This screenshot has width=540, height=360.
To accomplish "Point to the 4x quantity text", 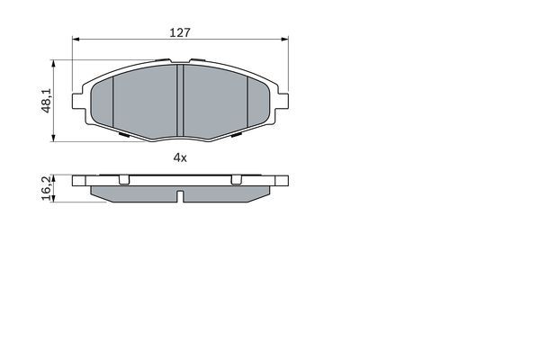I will pyautogui.click(x=180, y=158).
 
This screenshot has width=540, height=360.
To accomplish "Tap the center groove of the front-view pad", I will pyautogui.click(x=180, y=99).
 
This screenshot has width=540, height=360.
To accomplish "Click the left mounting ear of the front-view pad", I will pyautogui.click(x=84, y=92).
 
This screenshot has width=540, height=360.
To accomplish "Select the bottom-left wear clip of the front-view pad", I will pyautogui.click(x=122, y=136).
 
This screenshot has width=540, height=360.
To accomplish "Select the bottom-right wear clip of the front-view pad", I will pyautogui.click(x=238, y=136).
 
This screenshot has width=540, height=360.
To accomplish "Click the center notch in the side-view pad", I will pyautogui.click(x=180, y=197).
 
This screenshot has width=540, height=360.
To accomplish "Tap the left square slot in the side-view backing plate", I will pyautogui.click(x=123, y=180).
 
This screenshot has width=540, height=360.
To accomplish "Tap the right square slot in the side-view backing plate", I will pyautogui.click(x=236, y=180).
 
